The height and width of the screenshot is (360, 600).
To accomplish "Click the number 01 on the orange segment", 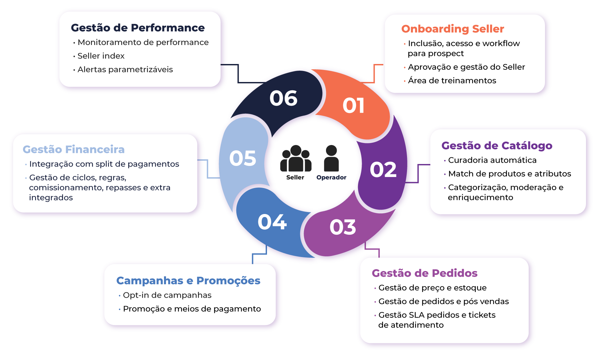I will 354,106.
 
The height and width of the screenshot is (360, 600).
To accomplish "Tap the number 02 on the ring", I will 383,170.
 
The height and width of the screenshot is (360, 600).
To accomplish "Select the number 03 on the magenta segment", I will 343,227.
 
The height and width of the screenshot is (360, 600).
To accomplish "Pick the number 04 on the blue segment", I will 272,222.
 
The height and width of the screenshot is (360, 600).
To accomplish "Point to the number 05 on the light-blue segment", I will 243,158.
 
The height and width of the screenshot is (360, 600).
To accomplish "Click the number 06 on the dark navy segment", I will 283,98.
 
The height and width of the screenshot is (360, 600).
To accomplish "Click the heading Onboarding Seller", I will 452,29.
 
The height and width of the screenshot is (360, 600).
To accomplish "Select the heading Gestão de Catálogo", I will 497,146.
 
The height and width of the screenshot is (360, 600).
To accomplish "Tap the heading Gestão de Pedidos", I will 424,273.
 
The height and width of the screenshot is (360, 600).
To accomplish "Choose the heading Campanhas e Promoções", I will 188,281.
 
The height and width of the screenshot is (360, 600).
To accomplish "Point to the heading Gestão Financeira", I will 74,149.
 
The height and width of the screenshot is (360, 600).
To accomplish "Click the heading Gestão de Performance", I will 138,28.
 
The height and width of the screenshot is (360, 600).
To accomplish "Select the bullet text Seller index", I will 101,56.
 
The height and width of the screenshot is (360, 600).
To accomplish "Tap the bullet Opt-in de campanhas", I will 167,295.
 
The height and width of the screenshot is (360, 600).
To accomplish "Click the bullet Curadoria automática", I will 492,160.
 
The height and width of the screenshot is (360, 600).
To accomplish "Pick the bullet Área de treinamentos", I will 452,81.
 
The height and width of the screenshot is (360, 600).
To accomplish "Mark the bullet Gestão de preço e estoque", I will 432,288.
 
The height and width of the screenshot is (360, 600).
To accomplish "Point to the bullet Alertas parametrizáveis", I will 125,70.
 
